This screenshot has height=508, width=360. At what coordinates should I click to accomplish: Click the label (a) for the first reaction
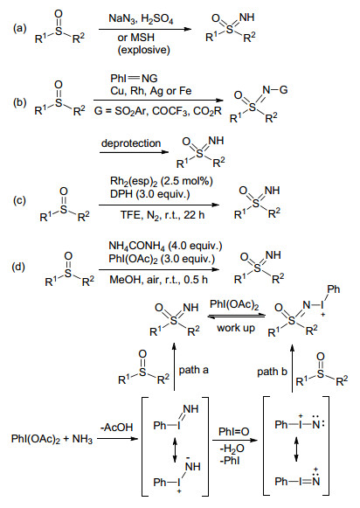[x=19, y=29]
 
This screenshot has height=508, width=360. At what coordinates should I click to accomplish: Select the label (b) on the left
[x=19, y=102]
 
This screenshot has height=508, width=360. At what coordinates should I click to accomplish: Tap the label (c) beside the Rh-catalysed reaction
[x=19, y=200]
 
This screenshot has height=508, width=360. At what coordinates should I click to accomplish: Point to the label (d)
[x=18, y=267]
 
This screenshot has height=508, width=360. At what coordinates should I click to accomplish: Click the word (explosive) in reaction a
[x=143, y=50]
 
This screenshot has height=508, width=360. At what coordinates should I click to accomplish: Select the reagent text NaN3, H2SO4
[x=141, y=18]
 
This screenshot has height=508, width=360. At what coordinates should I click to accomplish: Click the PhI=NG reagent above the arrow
[x=134, y=79]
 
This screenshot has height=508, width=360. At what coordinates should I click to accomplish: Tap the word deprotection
[x=131, y=143]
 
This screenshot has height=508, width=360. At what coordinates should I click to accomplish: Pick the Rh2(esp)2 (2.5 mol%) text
[x=162, y=181]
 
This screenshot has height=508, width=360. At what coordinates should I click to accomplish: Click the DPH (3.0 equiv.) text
[x=150, y=194]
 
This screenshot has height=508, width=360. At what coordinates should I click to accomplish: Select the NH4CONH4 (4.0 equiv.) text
[x=165, y=246]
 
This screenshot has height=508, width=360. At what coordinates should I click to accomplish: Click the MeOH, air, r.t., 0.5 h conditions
[x=158, y=279]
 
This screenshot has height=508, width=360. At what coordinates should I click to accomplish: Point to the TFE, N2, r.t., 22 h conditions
[x=163, y=215]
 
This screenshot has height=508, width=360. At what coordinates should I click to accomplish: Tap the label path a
[x=194, y=370]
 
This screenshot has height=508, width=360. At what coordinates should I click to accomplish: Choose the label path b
[x=272, y=372]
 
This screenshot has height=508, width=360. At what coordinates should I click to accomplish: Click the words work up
[x=236, y=328]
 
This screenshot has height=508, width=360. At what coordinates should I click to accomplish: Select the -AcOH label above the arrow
[x=116, y=428]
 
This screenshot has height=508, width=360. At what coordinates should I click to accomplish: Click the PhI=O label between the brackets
[x=234, y=432]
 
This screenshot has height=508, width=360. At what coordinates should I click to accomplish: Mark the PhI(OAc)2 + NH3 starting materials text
[x=52, y=439]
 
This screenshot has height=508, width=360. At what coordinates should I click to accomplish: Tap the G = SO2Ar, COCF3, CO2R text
[x=158, y=111]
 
